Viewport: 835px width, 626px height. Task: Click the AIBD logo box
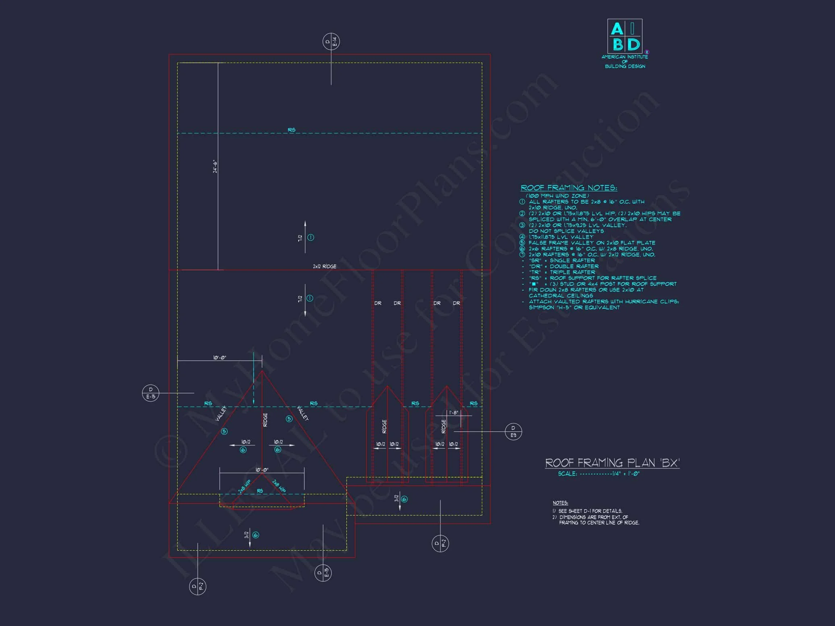click(x=624, y=36)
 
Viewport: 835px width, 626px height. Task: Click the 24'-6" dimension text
click(x=215, y=166)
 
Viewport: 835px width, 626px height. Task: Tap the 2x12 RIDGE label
click(x=324, y=266)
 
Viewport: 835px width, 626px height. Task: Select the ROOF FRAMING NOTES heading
click(x=569, y=188)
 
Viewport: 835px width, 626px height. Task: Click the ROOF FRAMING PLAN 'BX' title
click(x=612, y=463)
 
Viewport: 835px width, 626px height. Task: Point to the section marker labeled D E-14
click(x=331, y=42)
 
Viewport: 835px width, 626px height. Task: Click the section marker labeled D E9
click(x=513, y=431)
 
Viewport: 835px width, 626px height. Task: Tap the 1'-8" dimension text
click(x=453, y=412)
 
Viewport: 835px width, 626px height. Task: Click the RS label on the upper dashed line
click(x=291, y=130)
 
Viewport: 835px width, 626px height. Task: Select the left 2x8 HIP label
click(x=245, y=487)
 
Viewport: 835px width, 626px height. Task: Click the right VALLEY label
click(x=303, y=413)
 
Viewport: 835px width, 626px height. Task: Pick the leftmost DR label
click(x=378, y=303)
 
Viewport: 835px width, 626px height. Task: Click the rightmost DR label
click(x=456, y=303)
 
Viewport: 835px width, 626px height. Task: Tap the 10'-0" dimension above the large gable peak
click(x=219, y=357)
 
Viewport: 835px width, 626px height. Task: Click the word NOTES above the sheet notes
click(x=560, y=503)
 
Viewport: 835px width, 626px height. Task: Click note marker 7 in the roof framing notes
click(x=522, y=255)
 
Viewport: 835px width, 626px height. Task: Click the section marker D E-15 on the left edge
click(x=151, y=393)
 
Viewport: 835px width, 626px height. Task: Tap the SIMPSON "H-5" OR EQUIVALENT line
click(x=574, y=308)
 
